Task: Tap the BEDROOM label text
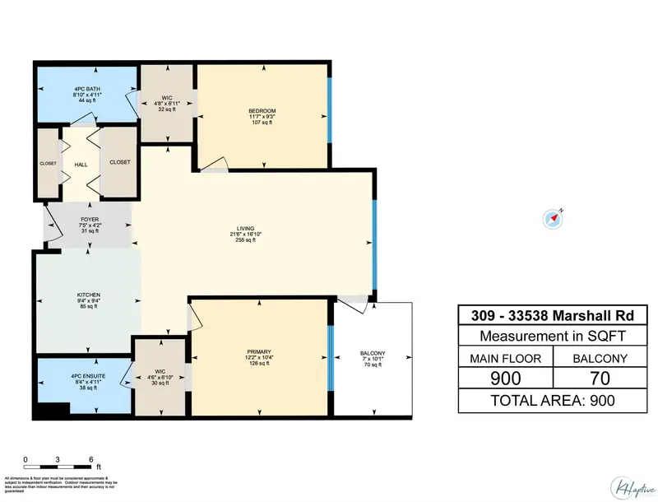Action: tap(262, 111)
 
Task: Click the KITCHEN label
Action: tap(89, 295)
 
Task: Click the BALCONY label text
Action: tap(373, 354)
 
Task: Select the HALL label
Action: tap(81, 165)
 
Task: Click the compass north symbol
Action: tap(553, 218)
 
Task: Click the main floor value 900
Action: tap(506, 378)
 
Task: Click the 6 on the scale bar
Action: tap(90, 460)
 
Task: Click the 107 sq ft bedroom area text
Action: tap(262, 124)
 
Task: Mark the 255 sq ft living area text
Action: tap(242, 241)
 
